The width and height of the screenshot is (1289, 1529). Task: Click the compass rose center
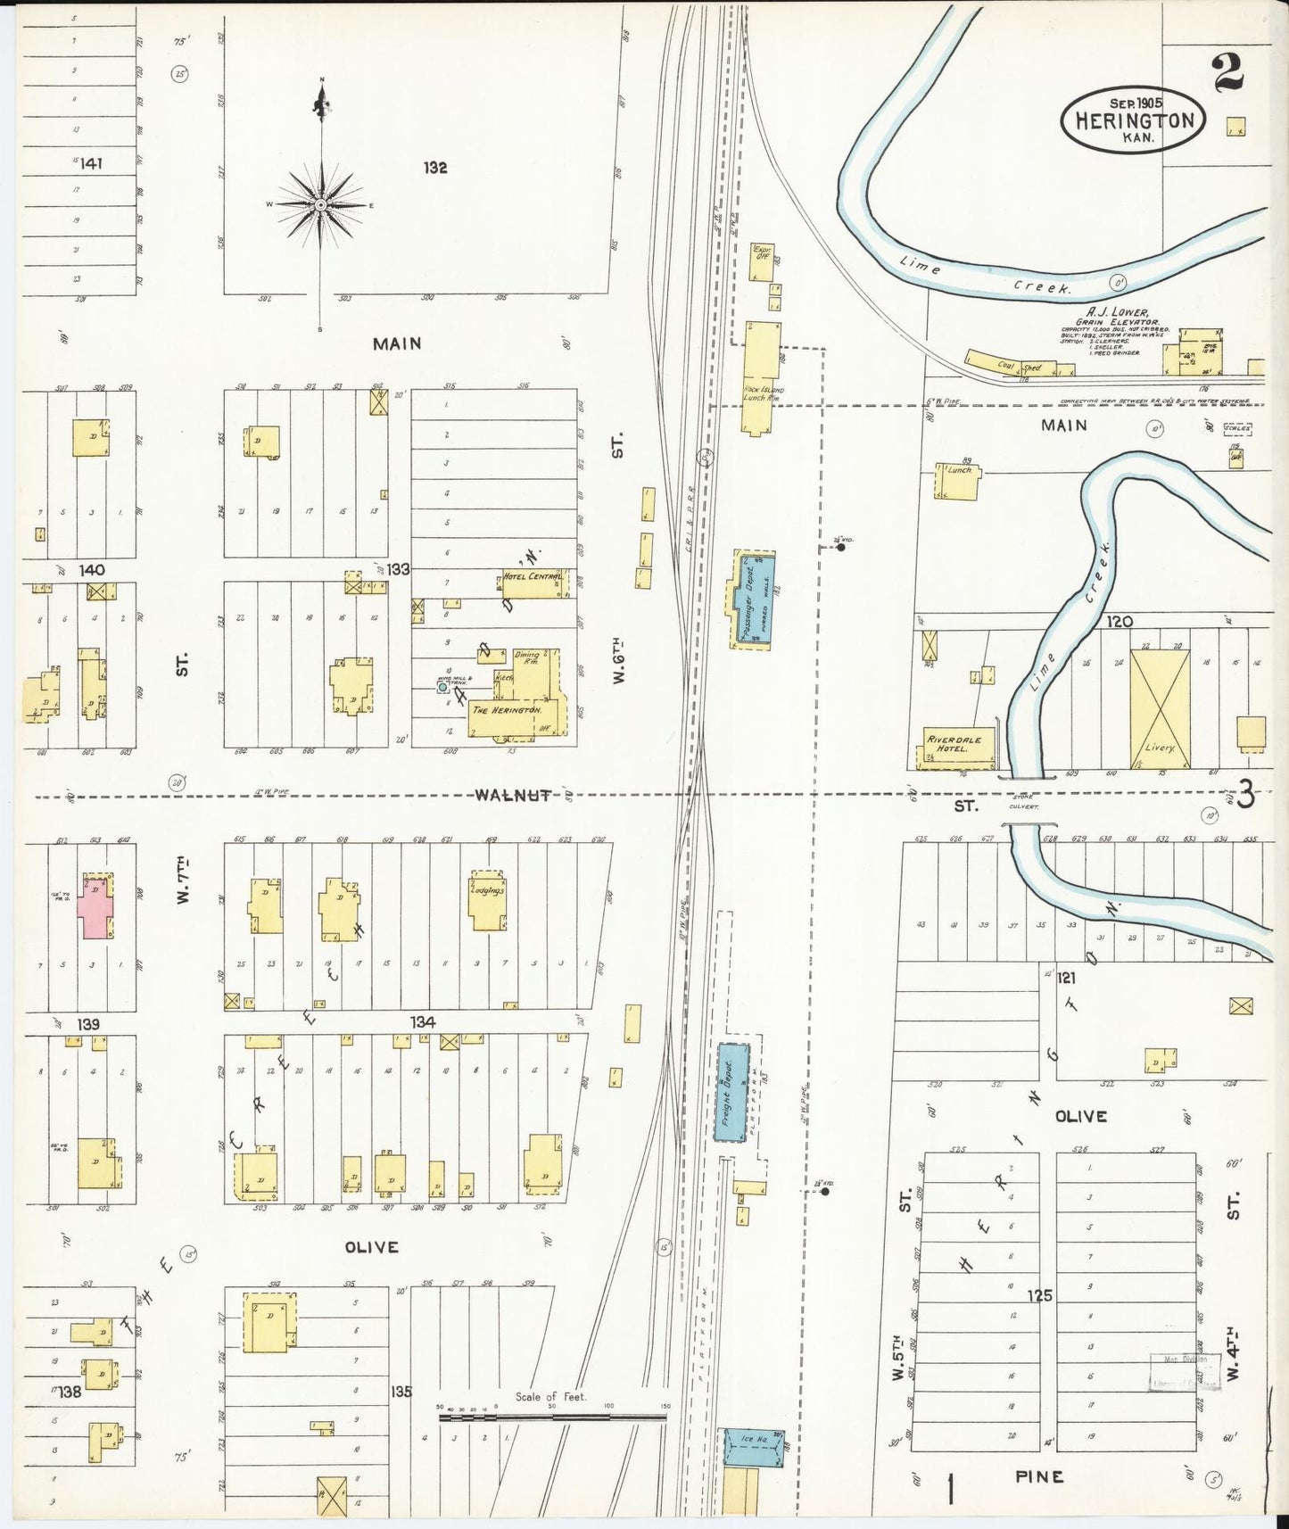(x=321, y=205)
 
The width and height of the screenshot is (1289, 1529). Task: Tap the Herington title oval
(x=1133, y=120)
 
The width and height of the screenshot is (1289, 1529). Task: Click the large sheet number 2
(x=1228, y=72)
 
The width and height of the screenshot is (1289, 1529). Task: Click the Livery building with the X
(x=1160, y=708)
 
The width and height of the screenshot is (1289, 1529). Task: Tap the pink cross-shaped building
(x=94, y=906)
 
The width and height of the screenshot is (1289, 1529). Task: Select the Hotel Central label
(x=533, y=577)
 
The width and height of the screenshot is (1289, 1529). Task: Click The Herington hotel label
(x=507, y=710)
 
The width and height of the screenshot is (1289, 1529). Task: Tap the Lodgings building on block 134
(x=488, y=901)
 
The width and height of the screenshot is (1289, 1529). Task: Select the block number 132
(x=435, y=168)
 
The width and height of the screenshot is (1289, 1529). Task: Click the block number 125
(x=1039, y=1295)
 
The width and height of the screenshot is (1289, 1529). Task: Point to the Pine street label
(x=1039, y=1477)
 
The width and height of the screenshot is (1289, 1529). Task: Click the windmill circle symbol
(x=442, y=687)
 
